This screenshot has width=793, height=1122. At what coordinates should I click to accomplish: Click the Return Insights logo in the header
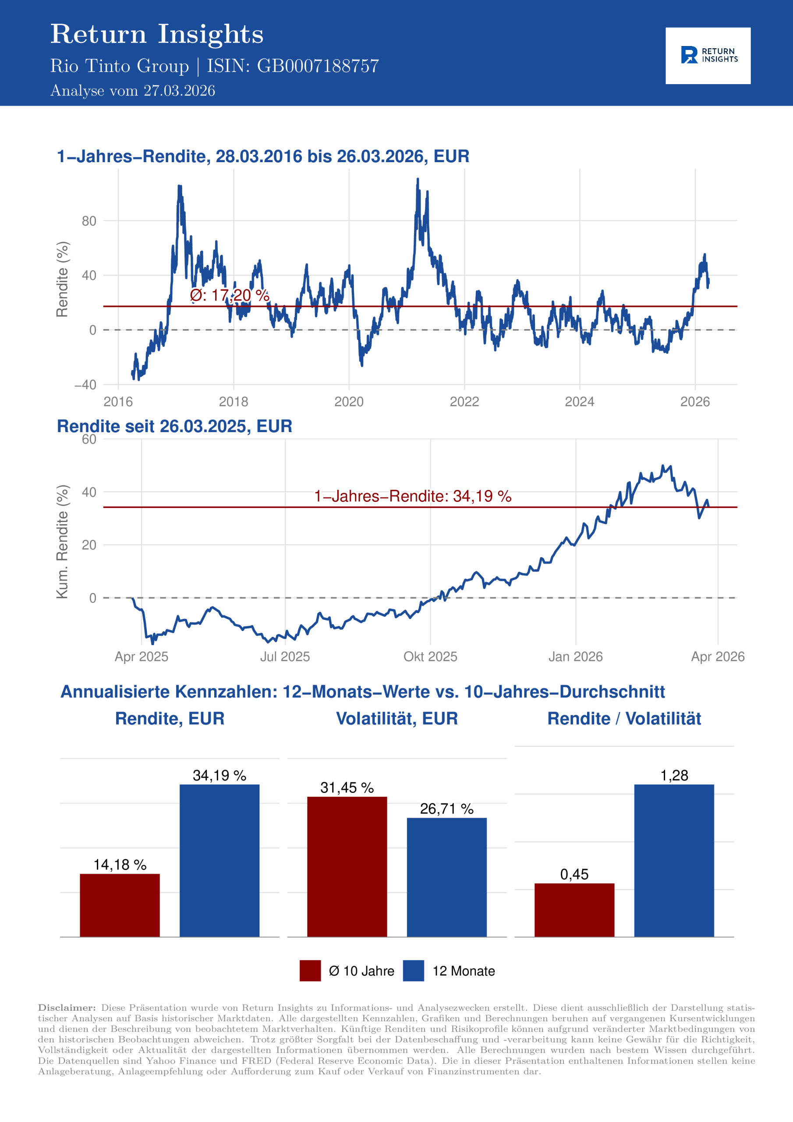tap(708, 55)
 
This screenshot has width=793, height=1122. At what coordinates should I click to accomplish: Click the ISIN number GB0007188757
tap(318, 66)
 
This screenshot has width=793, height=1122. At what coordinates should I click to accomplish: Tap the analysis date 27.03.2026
tap(179, 91)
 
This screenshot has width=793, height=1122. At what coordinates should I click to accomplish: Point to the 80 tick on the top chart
tap(89, 221)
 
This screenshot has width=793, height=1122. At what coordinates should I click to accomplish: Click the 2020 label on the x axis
tap(349, 402)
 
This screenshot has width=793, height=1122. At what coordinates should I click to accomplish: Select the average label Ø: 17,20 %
tap(229, 295)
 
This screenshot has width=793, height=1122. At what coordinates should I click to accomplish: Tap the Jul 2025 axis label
tap(285, 656)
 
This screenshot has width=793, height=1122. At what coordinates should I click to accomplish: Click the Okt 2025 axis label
tap(430, 656)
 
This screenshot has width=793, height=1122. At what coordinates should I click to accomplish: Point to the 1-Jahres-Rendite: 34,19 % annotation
tap(412, 497)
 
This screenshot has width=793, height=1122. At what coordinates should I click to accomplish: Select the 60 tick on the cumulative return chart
tap(89, 439)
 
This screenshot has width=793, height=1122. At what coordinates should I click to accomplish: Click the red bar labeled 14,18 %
tap(120, 905)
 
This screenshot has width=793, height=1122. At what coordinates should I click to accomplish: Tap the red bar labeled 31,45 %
tap(347, 867)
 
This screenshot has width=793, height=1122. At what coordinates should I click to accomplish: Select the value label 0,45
tap(574, 874)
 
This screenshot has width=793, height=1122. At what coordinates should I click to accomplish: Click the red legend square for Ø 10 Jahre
tap(310, 970)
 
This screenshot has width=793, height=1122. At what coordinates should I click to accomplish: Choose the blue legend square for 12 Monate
tap(413, 970)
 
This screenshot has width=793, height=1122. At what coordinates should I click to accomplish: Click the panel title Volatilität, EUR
tap(397, 719)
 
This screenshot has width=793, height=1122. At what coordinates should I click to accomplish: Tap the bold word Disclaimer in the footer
tap(67, 1008)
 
